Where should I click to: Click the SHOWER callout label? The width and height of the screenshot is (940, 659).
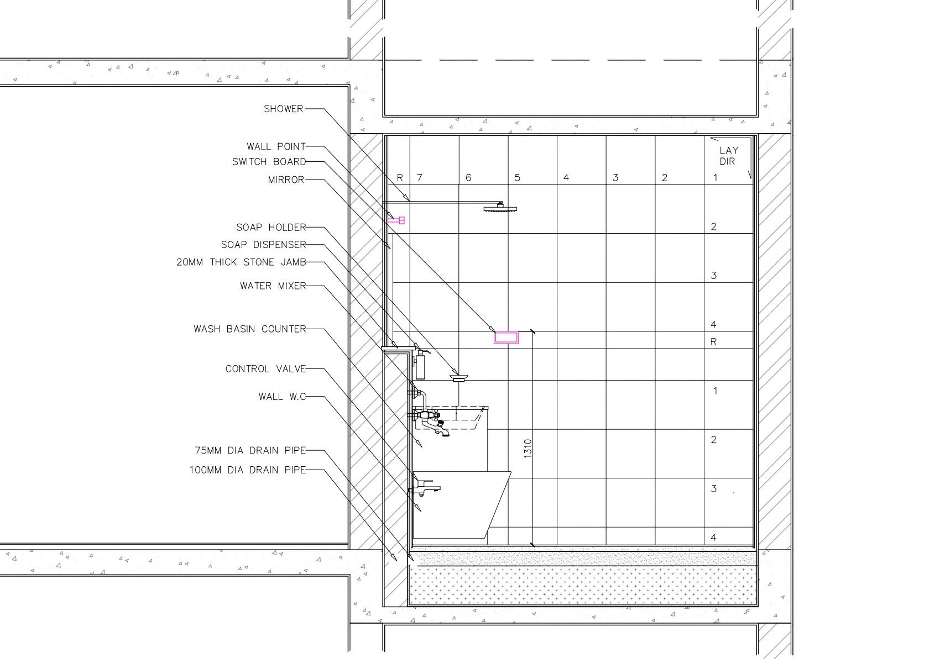(x=283, y=109)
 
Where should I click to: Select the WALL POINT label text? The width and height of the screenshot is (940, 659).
(x=276, y=146)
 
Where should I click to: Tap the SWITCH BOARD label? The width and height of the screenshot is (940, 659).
(x=269, y=162)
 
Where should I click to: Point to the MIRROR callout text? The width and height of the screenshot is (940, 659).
(x=286, y=180)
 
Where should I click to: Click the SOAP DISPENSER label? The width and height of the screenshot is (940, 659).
(x=263, y=245)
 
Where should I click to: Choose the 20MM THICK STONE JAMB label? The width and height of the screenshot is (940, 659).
(x=241, y=262)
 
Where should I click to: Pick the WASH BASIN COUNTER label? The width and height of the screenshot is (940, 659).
(x=249, y=329)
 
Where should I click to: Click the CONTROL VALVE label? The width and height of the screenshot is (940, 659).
(x=265, y=369)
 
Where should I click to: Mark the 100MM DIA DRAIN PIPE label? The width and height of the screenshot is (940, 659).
(x=247, y=470)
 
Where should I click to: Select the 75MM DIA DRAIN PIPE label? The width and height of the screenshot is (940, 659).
(x=250, y=450)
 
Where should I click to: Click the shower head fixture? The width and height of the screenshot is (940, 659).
(x=500, y=208)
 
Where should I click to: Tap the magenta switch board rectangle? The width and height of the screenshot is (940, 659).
(x=506, y=338)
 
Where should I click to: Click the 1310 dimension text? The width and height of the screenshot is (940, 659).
(x=528, y=448)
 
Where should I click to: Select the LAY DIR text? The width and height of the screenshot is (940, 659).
(x=728, y=156)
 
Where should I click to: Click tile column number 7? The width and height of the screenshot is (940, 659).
(x=420, y=177)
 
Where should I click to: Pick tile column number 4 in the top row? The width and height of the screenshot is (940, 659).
(x=566, y=177)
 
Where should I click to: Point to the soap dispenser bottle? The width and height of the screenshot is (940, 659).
(x=420, y=366)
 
